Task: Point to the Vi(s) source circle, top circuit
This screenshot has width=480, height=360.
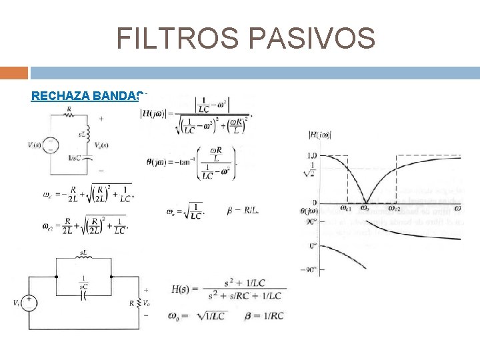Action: (x=49, y=145)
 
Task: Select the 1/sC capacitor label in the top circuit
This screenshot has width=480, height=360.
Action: (x=75, y=158)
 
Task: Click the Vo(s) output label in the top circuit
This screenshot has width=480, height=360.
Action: (x=101, y=145)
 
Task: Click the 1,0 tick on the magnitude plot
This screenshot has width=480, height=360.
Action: (x=310, y=155)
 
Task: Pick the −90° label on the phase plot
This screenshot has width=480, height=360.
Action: (x=309, y=269)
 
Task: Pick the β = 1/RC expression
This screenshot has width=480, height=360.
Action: (x=259, y=315)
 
